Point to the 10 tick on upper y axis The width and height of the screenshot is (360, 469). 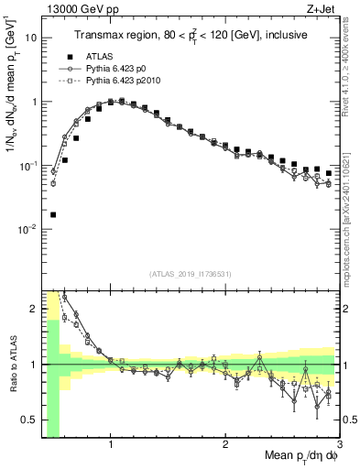[31, 38]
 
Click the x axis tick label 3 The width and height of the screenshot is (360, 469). [339, 446]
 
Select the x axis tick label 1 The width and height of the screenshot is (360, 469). [111, 446]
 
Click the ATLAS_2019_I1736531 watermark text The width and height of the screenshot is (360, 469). [190, 273]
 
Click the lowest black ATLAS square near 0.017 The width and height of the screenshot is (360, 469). [53, 214]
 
